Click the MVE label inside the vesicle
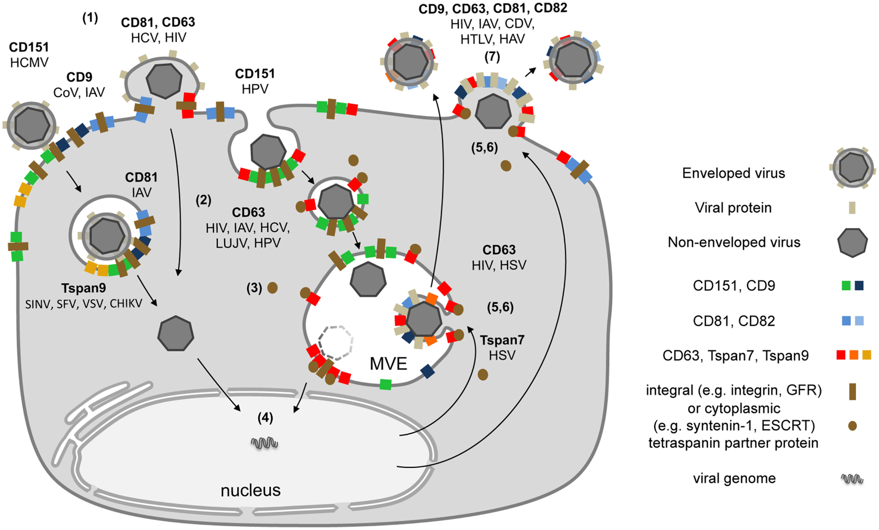[x=388, y=364]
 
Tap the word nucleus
[x=251, y=490]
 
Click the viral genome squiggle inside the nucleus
[x=264, y=443]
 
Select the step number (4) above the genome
[x=265, y=418]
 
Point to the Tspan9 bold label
[x=83, y=288]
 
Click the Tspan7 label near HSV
[x=502, y=340]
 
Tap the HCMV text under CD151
[x=29, y=63]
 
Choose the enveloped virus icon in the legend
[x=852, y=168]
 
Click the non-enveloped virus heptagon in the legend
[x=852, y=243]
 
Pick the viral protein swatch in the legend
[x=852, y=207]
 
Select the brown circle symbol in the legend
[x=852, y=426]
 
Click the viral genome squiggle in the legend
[x=852, y=479]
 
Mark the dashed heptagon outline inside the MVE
[x=336, y=343]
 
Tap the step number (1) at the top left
[x=90, y=18]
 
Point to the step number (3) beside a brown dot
[x=254, y=288]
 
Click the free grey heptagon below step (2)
[x=176, y=333]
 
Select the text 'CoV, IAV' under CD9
[x=79, y=92]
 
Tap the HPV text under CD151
[x=255, y=89]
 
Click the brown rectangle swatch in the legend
[x=852, y=391]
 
